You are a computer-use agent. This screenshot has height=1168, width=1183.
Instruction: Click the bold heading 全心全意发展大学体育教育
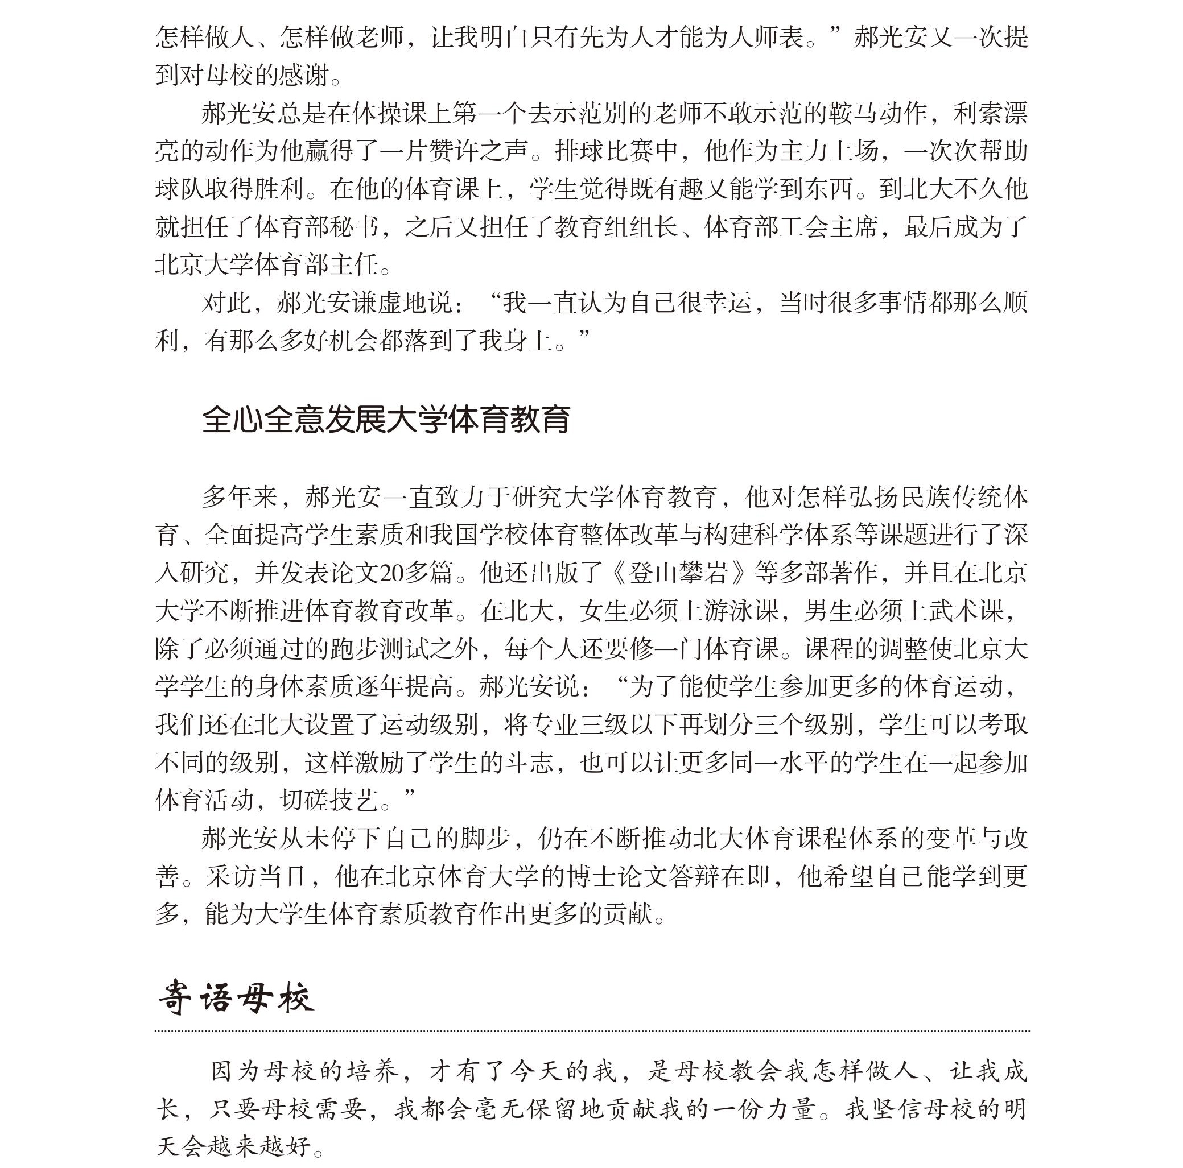[386, 420]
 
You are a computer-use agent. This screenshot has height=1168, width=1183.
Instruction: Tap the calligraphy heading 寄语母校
[236, 999]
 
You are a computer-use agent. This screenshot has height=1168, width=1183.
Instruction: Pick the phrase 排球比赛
[604, 152]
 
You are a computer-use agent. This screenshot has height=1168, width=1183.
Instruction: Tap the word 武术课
[966, 611]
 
